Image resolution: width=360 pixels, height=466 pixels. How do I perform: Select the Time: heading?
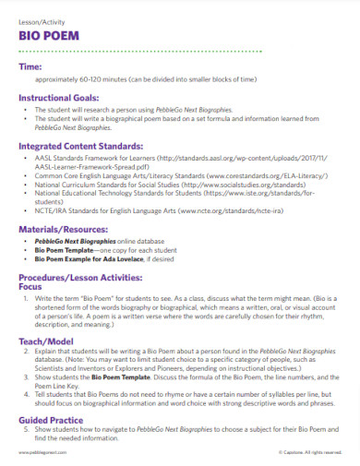30,67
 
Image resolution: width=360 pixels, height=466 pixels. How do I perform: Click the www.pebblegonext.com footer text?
39,455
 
